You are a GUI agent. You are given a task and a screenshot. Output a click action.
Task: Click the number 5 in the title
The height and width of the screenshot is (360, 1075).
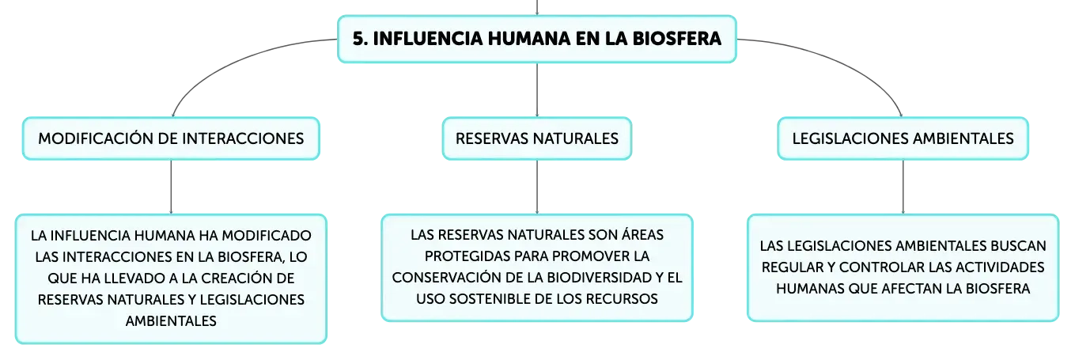[x=358, y=39]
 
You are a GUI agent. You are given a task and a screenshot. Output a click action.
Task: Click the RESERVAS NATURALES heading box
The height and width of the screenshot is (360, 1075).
[x=537, y=138]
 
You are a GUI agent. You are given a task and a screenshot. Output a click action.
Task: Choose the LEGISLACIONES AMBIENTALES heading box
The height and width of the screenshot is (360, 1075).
[x=903, y=138]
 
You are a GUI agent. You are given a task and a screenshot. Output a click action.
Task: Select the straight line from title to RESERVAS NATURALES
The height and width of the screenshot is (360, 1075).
[x=537, y=89]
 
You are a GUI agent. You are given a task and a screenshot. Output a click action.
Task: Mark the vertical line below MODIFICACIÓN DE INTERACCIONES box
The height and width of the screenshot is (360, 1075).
[x=171, y=187]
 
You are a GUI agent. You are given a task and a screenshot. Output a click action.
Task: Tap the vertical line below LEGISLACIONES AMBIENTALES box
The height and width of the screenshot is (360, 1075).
[x=903, y=187]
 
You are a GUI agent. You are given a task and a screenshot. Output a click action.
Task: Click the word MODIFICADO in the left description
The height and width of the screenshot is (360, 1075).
[x=267, y=236]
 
